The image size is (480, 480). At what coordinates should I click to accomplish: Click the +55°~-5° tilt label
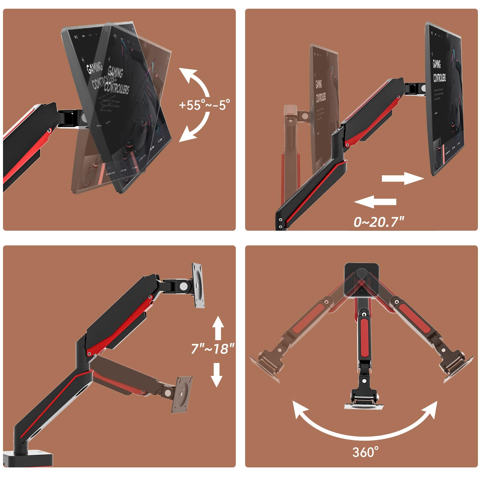pyautogui.click(x=204, y=105)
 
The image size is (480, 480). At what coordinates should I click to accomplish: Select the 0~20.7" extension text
pyautogui.click(x=379, y=222)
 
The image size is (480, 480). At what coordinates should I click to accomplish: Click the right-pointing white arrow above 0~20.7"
pyautogui.click(x=402, y=178)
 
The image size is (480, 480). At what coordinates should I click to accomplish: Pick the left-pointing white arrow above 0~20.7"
pyautogui.click(x=375, y=202)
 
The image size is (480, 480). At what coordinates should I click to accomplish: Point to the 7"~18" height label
pyautogui.click(x=212, y=349)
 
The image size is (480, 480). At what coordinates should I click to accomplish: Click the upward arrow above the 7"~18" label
pyautogui.click(x=218, y=328)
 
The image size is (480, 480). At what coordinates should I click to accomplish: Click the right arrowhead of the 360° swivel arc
pyautogui.click(x=430, y=409)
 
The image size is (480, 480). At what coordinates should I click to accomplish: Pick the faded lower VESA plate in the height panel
pyautogui.click(x=181, y=394)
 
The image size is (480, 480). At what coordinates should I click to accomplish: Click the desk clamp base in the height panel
pyautogui.click(x=28, y=458)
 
